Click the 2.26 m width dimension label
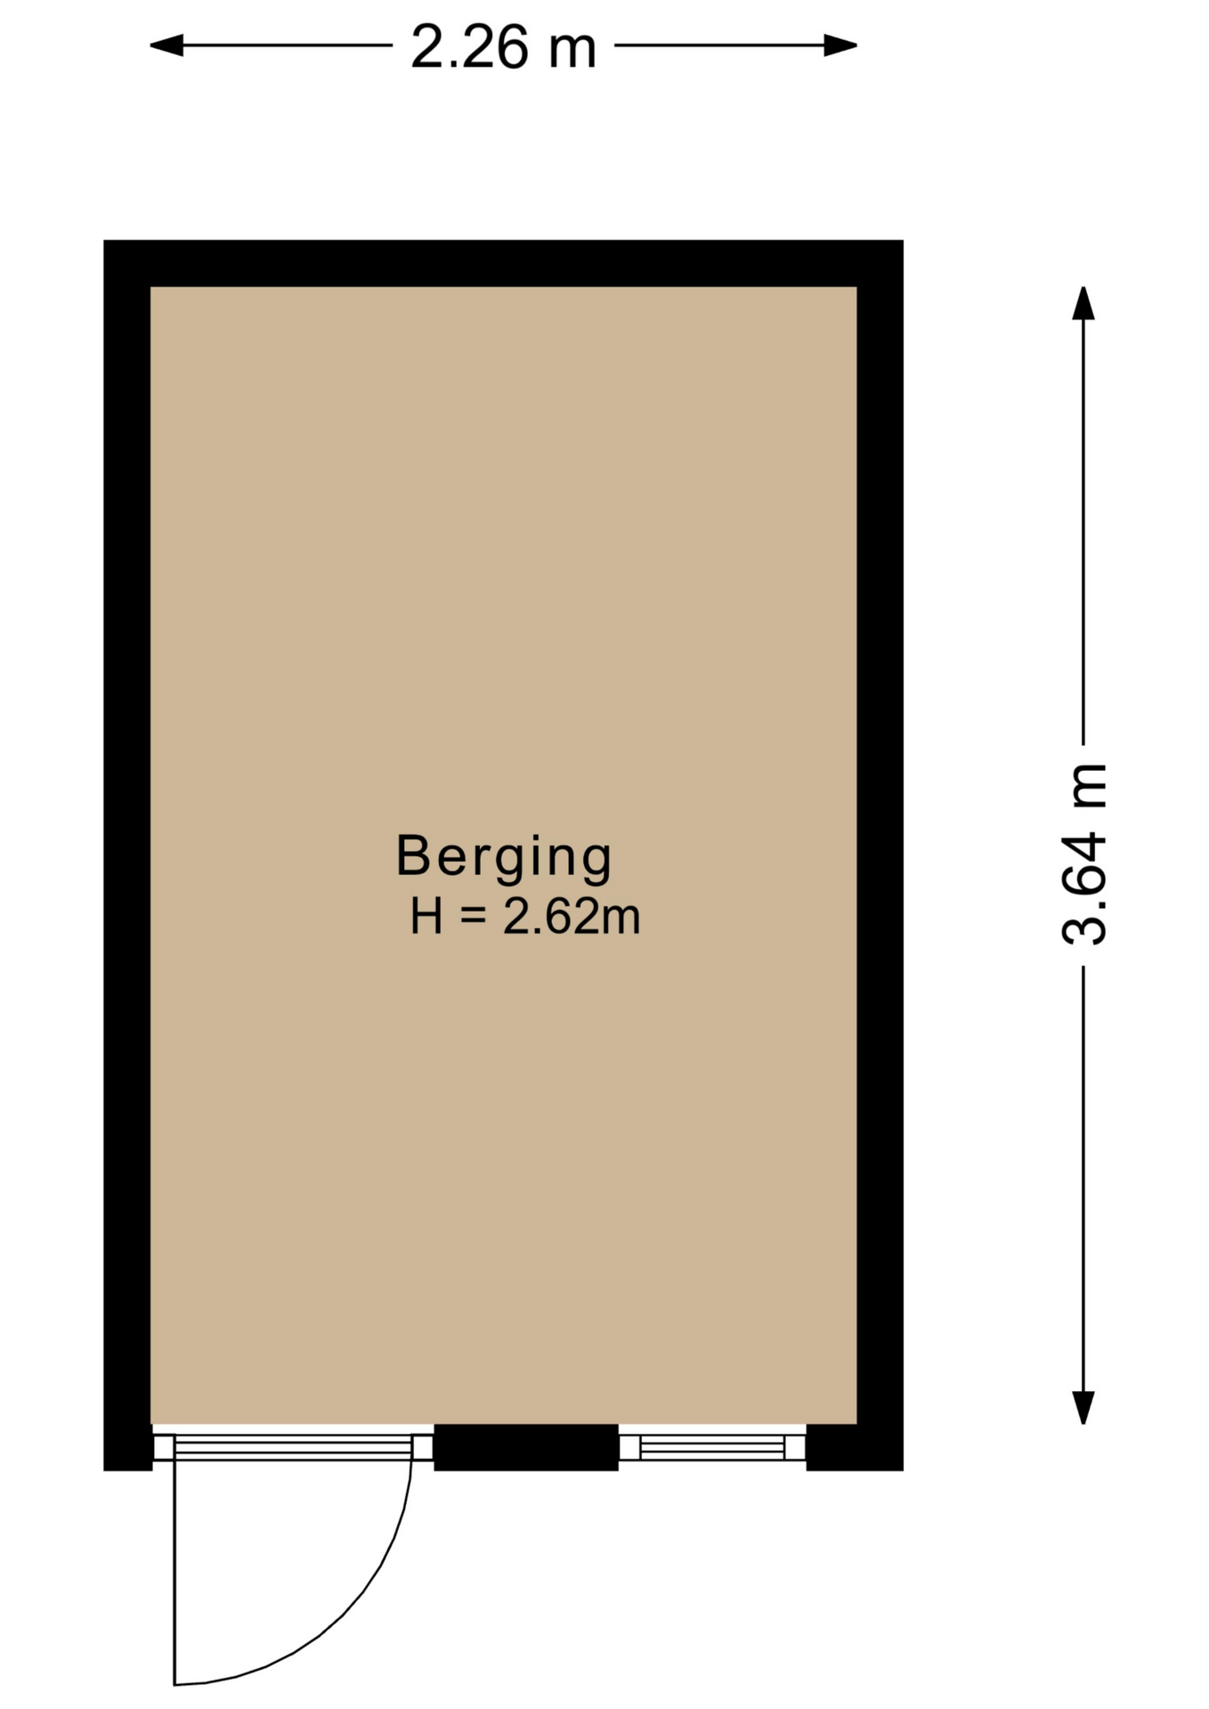point(503,46)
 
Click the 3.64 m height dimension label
point(1083,854)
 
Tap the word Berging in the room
point(504,857)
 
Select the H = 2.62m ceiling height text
point(525,916)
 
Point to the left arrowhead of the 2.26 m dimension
point(166,45)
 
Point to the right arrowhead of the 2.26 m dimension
point(840,45)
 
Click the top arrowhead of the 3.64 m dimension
point(1083,304)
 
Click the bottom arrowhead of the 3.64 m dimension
point(1083,1407)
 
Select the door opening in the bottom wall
point(293,1446)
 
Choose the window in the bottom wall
point(712,1446)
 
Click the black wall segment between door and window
point(526,1447)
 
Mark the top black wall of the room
point(503,263)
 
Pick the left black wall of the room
point(127,854)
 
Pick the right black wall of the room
point(880,854)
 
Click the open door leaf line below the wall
point(174,1572)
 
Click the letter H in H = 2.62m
point(426,916)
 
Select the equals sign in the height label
point(474,918)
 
